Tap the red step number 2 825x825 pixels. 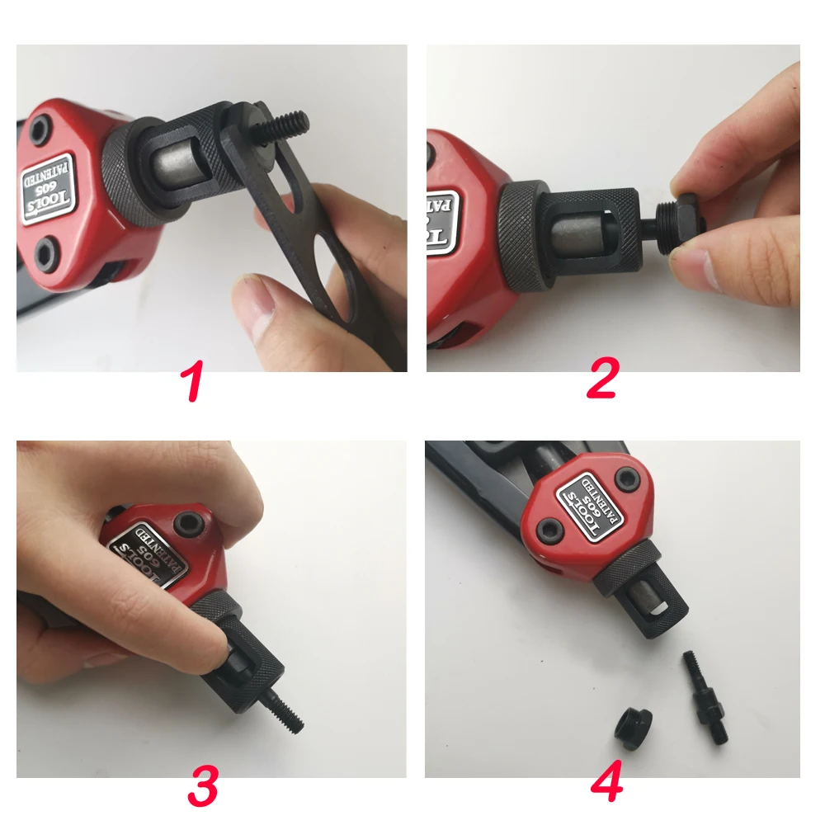[602, 381]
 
